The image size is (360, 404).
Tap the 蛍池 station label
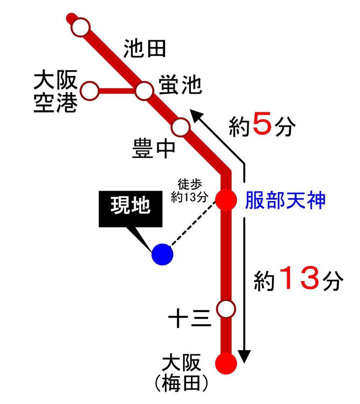[179, 85]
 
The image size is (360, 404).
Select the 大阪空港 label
[55, 92]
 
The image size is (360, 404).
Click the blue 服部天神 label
[285, 200]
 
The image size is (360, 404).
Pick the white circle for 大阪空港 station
[89, 91]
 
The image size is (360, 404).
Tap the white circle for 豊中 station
[181, 127]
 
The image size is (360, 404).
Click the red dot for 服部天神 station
[226, 199]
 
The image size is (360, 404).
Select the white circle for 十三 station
[226, 309]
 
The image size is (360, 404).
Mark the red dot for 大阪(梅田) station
[226, 362]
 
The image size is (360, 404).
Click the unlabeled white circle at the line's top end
[80, 27]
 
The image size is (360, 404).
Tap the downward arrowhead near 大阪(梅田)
[245, 357]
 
